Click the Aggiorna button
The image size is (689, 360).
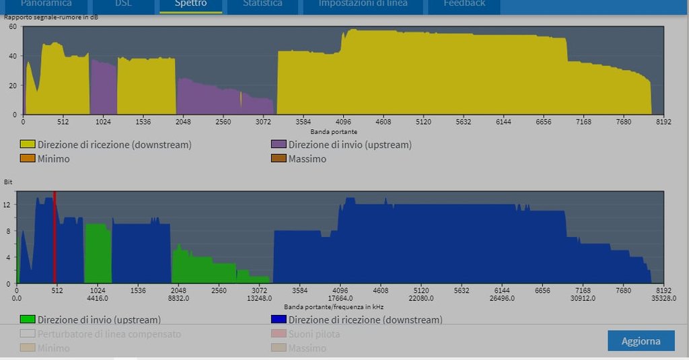tap(641, 340)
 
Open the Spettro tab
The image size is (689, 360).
tap(190, 4)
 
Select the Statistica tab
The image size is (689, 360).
tap(262, 4)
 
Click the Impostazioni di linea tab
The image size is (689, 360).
tap(363, 4)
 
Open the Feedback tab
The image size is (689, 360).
tap(464, 4)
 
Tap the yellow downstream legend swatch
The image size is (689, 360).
tap(28, 145)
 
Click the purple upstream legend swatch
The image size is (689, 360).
tap(279, 145)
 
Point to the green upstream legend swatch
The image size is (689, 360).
tap(28, 320)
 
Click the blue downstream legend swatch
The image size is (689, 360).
tap(279, 320)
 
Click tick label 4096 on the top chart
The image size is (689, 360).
tap(343, 122)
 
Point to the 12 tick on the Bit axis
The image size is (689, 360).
tap(7, 205)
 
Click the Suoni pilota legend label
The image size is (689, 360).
tap(314, 334)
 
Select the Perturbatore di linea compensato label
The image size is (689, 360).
tap(109, 334)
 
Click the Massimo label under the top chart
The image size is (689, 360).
tap(307, 159)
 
